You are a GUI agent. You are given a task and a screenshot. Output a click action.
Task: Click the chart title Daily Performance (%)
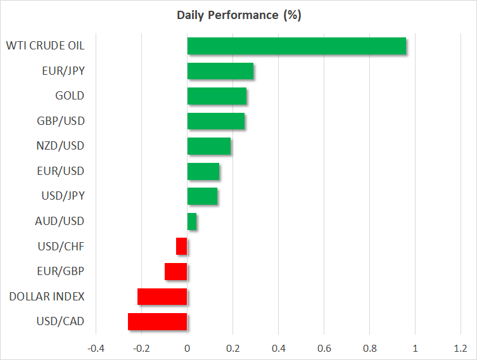click(x=239, y=15)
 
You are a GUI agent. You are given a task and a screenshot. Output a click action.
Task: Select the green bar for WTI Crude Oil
click(x=296, y=46)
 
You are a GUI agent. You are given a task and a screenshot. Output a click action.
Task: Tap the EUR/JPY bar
click(x=220, y=71)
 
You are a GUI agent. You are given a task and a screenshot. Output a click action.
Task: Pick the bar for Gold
click(x=217, y=96)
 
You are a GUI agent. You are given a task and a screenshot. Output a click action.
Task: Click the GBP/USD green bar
click(x=216, y=121)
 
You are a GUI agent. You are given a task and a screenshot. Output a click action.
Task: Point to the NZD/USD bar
click(x=209, y=146)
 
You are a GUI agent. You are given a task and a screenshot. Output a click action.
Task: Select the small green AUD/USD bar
click(x=192, y=222)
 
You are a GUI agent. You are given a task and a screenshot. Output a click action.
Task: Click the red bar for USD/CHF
click(x=182, y=246)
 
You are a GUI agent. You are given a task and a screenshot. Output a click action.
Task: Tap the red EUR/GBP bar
click(x=176, y=271)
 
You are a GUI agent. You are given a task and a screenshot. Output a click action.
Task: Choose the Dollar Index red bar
click(x=162, y=297)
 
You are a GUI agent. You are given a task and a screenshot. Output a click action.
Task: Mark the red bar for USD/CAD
click(x=158, y=321)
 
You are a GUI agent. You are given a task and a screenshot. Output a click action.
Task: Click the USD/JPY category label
click(x=63, y=196)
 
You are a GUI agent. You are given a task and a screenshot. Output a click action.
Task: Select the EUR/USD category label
click(x=61, y=171)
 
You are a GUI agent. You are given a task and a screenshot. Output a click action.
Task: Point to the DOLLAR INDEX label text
click(x=47, y=297)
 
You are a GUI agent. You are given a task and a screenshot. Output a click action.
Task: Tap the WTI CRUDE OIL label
click(x=46, y=46)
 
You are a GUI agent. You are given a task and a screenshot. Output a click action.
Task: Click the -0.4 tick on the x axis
click(x=96, y=349)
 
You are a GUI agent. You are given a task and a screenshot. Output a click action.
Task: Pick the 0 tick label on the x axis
click(x=187, y=349)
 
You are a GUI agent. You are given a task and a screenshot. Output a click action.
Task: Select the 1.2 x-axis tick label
click(x=461, y=349)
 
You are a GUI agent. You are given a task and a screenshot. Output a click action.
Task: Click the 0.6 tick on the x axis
click(x=324, y=349)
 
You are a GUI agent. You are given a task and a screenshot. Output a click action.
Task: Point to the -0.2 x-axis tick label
click(x=141, y=349)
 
